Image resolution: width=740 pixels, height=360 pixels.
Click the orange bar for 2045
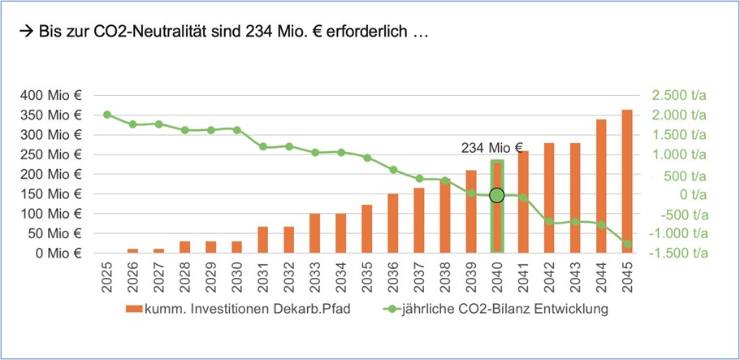coord(627,181)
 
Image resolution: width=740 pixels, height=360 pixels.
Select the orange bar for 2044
coord(601,186)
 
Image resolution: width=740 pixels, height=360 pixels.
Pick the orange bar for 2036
coord(393,223)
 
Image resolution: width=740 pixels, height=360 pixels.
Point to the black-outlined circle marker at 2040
coord(497,195)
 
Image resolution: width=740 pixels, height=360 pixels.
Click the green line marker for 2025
coord(107,115)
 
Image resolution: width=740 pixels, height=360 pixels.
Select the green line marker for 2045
coord(627,244)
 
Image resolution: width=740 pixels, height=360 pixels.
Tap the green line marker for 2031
coord(263,147)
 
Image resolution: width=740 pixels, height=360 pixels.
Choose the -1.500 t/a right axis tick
coord(678,254)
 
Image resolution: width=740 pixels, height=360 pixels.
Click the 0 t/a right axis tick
coord(690,194)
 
